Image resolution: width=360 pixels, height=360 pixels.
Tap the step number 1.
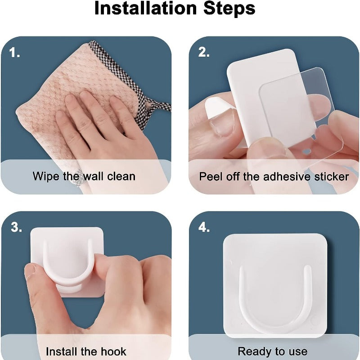point(15,53)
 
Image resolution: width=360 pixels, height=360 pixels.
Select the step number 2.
point(204,53)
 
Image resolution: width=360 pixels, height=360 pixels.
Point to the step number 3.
point(16,227)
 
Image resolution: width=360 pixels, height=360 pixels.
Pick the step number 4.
point(204,227)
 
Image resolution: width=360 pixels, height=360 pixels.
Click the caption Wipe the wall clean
point(84,176)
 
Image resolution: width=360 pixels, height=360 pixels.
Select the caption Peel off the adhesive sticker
point(274,176)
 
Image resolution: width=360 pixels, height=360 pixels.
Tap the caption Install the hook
point(86,351)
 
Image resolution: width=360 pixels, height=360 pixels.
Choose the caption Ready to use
point(273,351)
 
